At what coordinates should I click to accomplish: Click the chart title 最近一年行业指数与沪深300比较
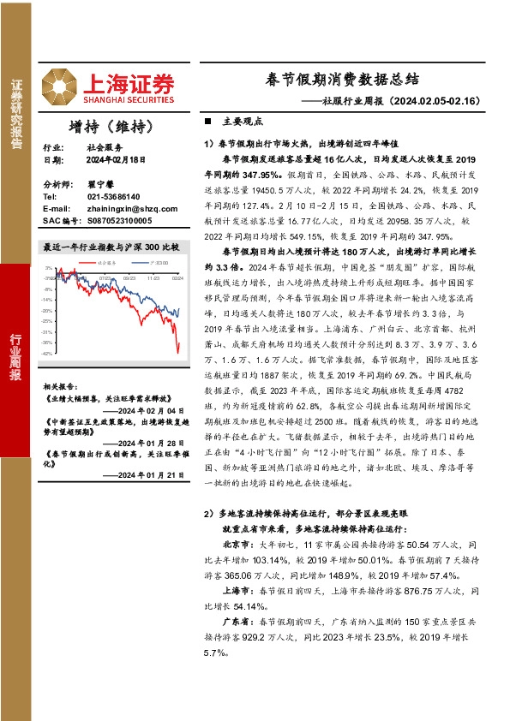click(x=111, y=247)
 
